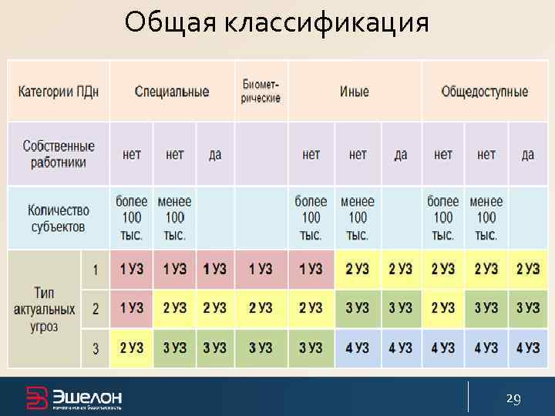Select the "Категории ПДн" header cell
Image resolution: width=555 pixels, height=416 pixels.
pyautogui.click(x=59, y=91)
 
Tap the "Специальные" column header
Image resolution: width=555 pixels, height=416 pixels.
pyautogui.click(x=171, y=91)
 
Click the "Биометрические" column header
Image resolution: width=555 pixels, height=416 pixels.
pyautogui.click(x=261, y=91)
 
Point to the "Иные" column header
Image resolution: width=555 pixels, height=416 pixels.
pyautogui.click(x=354, y=91)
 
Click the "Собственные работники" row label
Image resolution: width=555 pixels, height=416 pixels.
pyautogui.click(x=59, y=154)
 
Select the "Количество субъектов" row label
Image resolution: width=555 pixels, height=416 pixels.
pyautogui.click(x=59, y=218)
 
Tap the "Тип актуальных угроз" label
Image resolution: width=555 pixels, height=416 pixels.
pyautogui.click(x=44, y=309)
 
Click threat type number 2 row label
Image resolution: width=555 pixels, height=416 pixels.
pyautogui.click(x=96, y=309)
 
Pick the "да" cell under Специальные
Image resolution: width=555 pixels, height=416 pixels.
pyautogui.click(x=215, y=154)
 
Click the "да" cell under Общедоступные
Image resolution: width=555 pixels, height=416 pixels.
pyautogui.click(x=527, y=154)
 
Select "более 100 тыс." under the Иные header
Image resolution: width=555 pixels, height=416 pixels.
pyautogui.click(x=311, y=218)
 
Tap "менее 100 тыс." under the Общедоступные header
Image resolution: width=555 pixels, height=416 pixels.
pyautogui.click(x=486, y=218)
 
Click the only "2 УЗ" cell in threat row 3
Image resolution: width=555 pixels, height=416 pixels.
pyautogui.click(x=131, y=348)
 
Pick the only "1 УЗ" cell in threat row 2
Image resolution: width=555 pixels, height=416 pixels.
pyautogui.click(x=131, y=308)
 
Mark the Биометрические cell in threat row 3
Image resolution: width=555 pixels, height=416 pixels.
pyautogui.click(x=261, y=348)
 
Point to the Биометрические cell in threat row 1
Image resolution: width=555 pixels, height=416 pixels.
pyautogui.click(x=261, y=269)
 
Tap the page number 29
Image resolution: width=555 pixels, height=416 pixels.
pyautogui.click(x=513, y=398)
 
